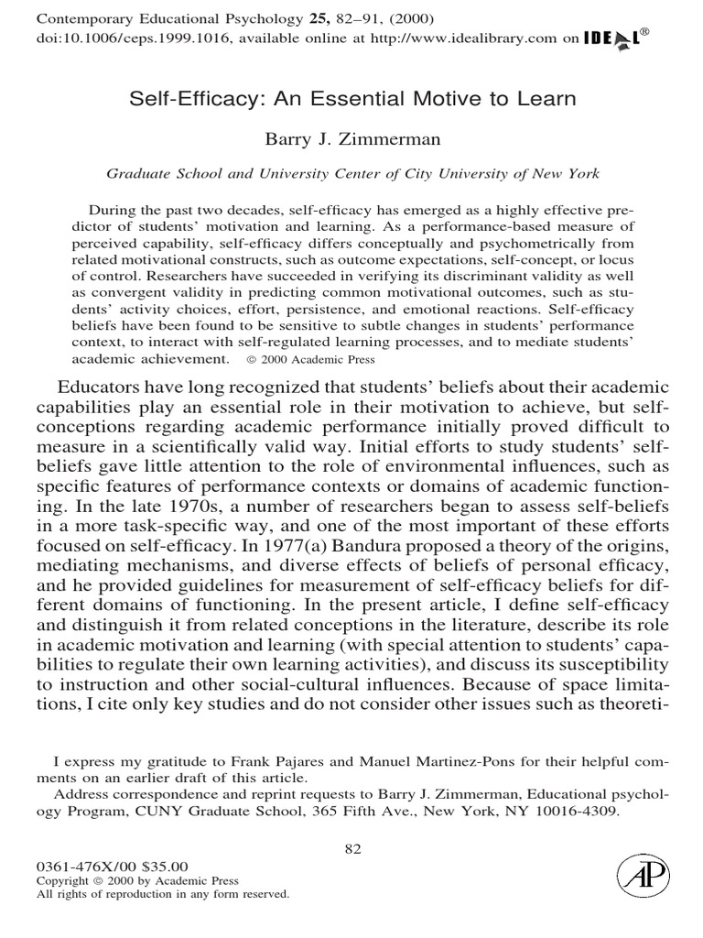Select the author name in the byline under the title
click(x=351, y=139)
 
